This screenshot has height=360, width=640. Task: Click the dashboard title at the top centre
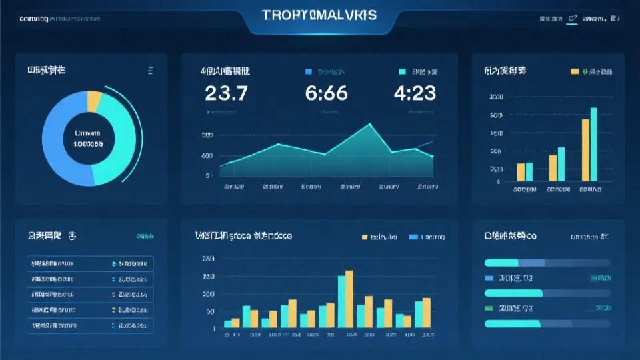319,15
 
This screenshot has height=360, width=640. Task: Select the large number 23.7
227,93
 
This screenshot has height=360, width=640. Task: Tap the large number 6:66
327,93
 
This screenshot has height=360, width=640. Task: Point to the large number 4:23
415,93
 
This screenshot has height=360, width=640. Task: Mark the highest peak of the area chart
369,124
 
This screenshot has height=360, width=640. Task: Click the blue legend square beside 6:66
309,71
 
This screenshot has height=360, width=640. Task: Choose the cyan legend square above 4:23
402,71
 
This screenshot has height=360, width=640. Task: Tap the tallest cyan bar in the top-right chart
593,144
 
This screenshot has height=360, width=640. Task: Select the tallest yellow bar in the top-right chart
585,150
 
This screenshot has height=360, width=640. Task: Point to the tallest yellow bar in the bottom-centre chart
349,299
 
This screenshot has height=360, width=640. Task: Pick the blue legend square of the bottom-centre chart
413,237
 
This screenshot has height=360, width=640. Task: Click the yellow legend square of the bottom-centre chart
365,237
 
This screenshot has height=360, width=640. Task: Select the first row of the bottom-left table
90,263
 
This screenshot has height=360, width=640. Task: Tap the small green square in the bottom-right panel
489,308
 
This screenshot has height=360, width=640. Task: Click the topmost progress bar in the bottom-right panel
547,263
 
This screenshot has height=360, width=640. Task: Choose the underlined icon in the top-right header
572,19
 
